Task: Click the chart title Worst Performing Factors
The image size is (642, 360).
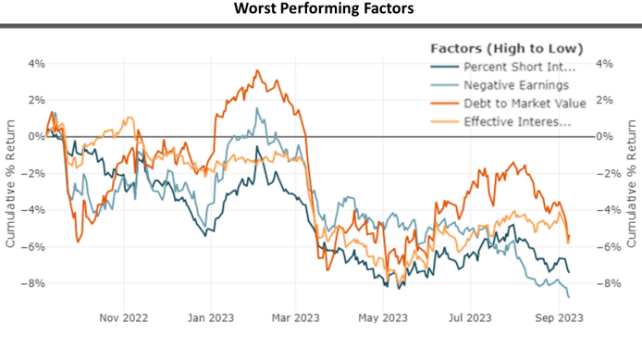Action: pyautogui.click(x=321, y=9)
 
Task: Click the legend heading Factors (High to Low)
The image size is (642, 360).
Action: pyautogui.click(x=506, y=48)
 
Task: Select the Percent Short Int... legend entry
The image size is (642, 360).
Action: pyautogui.click(x=519, y=67)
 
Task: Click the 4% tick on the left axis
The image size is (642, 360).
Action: pyautogui.click(x=34, y=64)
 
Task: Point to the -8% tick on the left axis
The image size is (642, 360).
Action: pyautogui.click(x=32, y=283)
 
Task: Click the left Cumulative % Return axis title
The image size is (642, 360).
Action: pyautogui.click(x=10, y=174)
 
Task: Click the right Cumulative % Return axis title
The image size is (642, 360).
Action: pyautogui.click(x=633, y=174)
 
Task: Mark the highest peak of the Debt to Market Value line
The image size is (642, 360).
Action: pyautogui.click(x=257, y=70)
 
